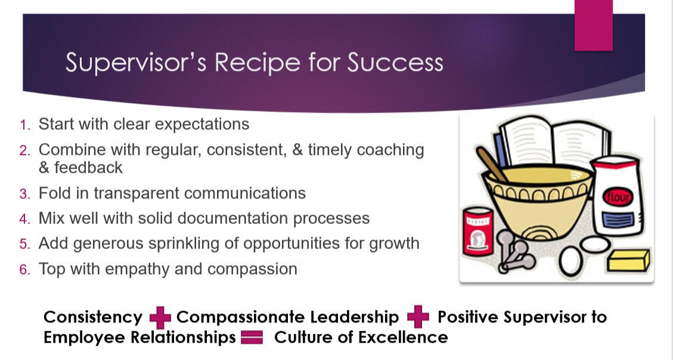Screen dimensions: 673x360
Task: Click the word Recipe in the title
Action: tap(257, 63)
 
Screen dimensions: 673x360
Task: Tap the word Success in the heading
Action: tap(395, 62)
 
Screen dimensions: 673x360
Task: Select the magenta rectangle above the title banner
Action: tap(594, 25)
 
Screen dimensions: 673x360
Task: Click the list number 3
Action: tap(25, 194)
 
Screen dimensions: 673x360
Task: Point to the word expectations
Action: tap(201, 125)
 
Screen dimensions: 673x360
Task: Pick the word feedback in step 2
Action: tap(88, 167)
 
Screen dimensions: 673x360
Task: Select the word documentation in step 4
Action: tap(232, 218)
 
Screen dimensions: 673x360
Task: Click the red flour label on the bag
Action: tap(618, 197)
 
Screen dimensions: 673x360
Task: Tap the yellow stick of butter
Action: tap(628, 260)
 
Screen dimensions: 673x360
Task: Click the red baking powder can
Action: tap(478, 231)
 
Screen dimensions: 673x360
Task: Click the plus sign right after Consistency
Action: tap(160, 318)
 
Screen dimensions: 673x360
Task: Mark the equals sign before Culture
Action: tap(252, 337)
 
